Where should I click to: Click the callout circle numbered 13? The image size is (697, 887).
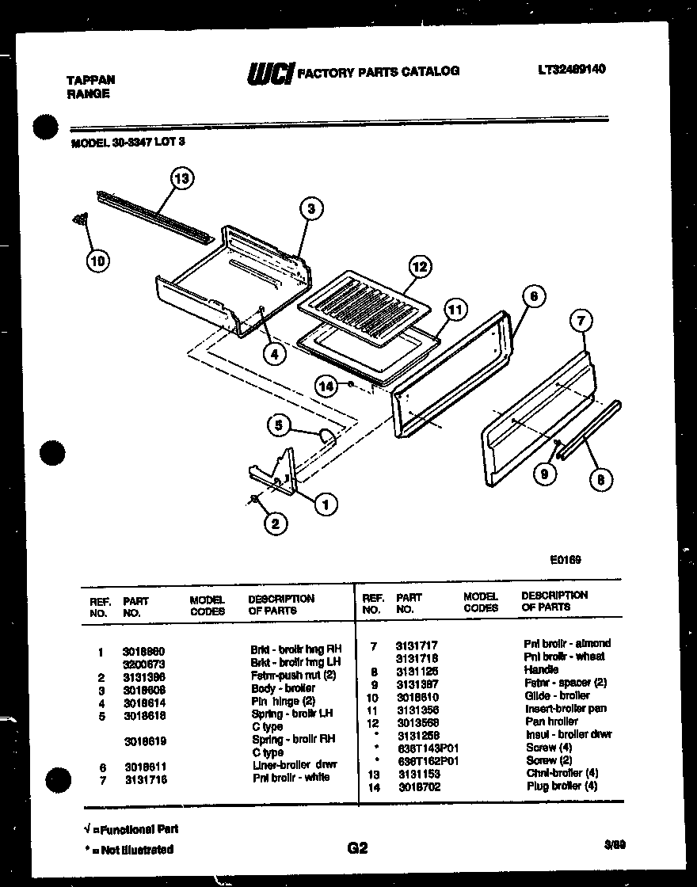pyautogui.click(x=182, y=178)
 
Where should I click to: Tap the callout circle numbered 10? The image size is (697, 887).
pyautogui.click(x=99, y=260)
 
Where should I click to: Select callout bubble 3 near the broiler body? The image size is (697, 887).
pyautogui.click(x=311, y=209)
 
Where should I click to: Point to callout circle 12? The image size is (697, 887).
pyautogui.click(x=420, y=267)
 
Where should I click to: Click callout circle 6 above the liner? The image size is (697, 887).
pyautogui.click(x=534, y=296)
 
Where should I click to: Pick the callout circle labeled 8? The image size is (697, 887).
pyautogui.click(x=601, y=478)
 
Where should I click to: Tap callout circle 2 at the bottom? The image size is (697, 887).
pyautogui.click(x=275, y=523)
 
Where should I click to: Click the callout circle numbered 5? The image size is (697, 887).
pyautogui.click(x=278, y=425)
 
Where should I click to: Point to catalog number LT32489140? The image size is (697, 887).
pyautogui.click(x=570, y=69)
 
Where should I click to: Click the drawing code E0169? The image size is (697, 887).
pyautogui.click(x=566, y=558)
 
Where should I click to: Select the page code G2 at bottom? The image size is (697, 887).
pyautogui.click(x=357, y=848)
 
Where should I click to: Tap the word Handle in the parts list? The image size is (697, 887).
pyautogui.click(x=541, y=669)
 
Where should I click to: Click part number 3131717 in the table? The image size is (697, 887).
pyautogui.click(x=417, y=645)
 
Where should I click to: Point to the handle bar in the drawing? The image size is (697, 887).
pyautogui.click(x=590, y=432)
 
